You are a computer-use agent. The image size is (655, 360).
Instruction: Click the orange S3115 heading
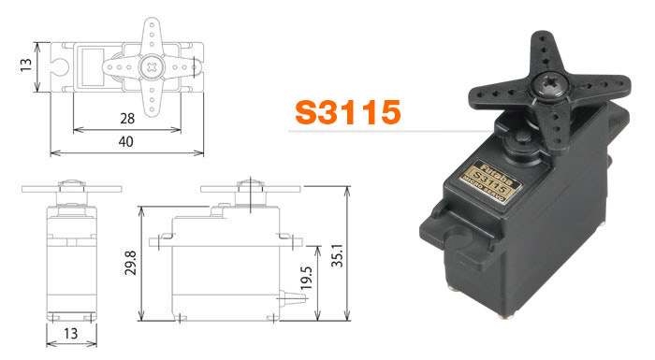tap(348, 112)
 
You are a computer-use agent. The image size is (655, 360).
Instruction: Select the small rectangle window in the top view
tap(95, 65)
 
